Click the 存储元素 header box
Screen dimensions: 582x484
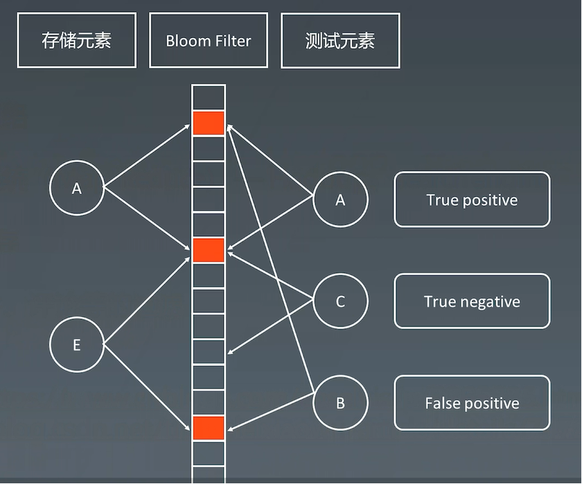pos(76,40)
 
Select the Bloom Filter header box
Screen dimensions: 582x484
pos(208,40)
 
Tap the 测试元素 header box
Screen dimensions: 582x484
pos(339,40)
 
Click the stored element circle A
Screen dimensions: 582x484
pos(77,187)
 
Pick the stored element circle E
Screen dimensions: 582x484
pos(77,345)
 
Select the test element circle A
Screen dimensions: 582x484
pos(340,200)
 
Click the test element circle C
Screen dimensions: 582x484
pos(340,302)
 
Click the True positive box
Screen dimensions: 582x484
pos(472,200)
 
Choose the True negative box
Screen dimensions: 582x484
pos(472,302)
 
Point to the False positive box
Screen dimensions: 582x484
pos(472,404)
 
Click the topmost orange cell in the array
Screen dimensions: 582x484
pos(209,123)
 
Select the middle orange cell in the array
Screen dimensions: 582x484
pos(209,250)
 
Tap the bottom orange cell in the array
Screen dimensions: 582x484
pos(209,428)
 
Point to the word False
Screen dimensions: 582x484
pos(440,404)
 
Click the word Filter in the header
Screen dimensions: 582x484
pos(232,40)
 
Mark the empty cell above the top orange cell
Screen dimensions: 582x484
pos(209,97)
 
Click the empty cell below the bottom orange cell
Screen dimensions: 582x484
pos(209,453)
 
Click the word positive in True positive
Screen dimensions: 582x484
pos(490,200)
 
